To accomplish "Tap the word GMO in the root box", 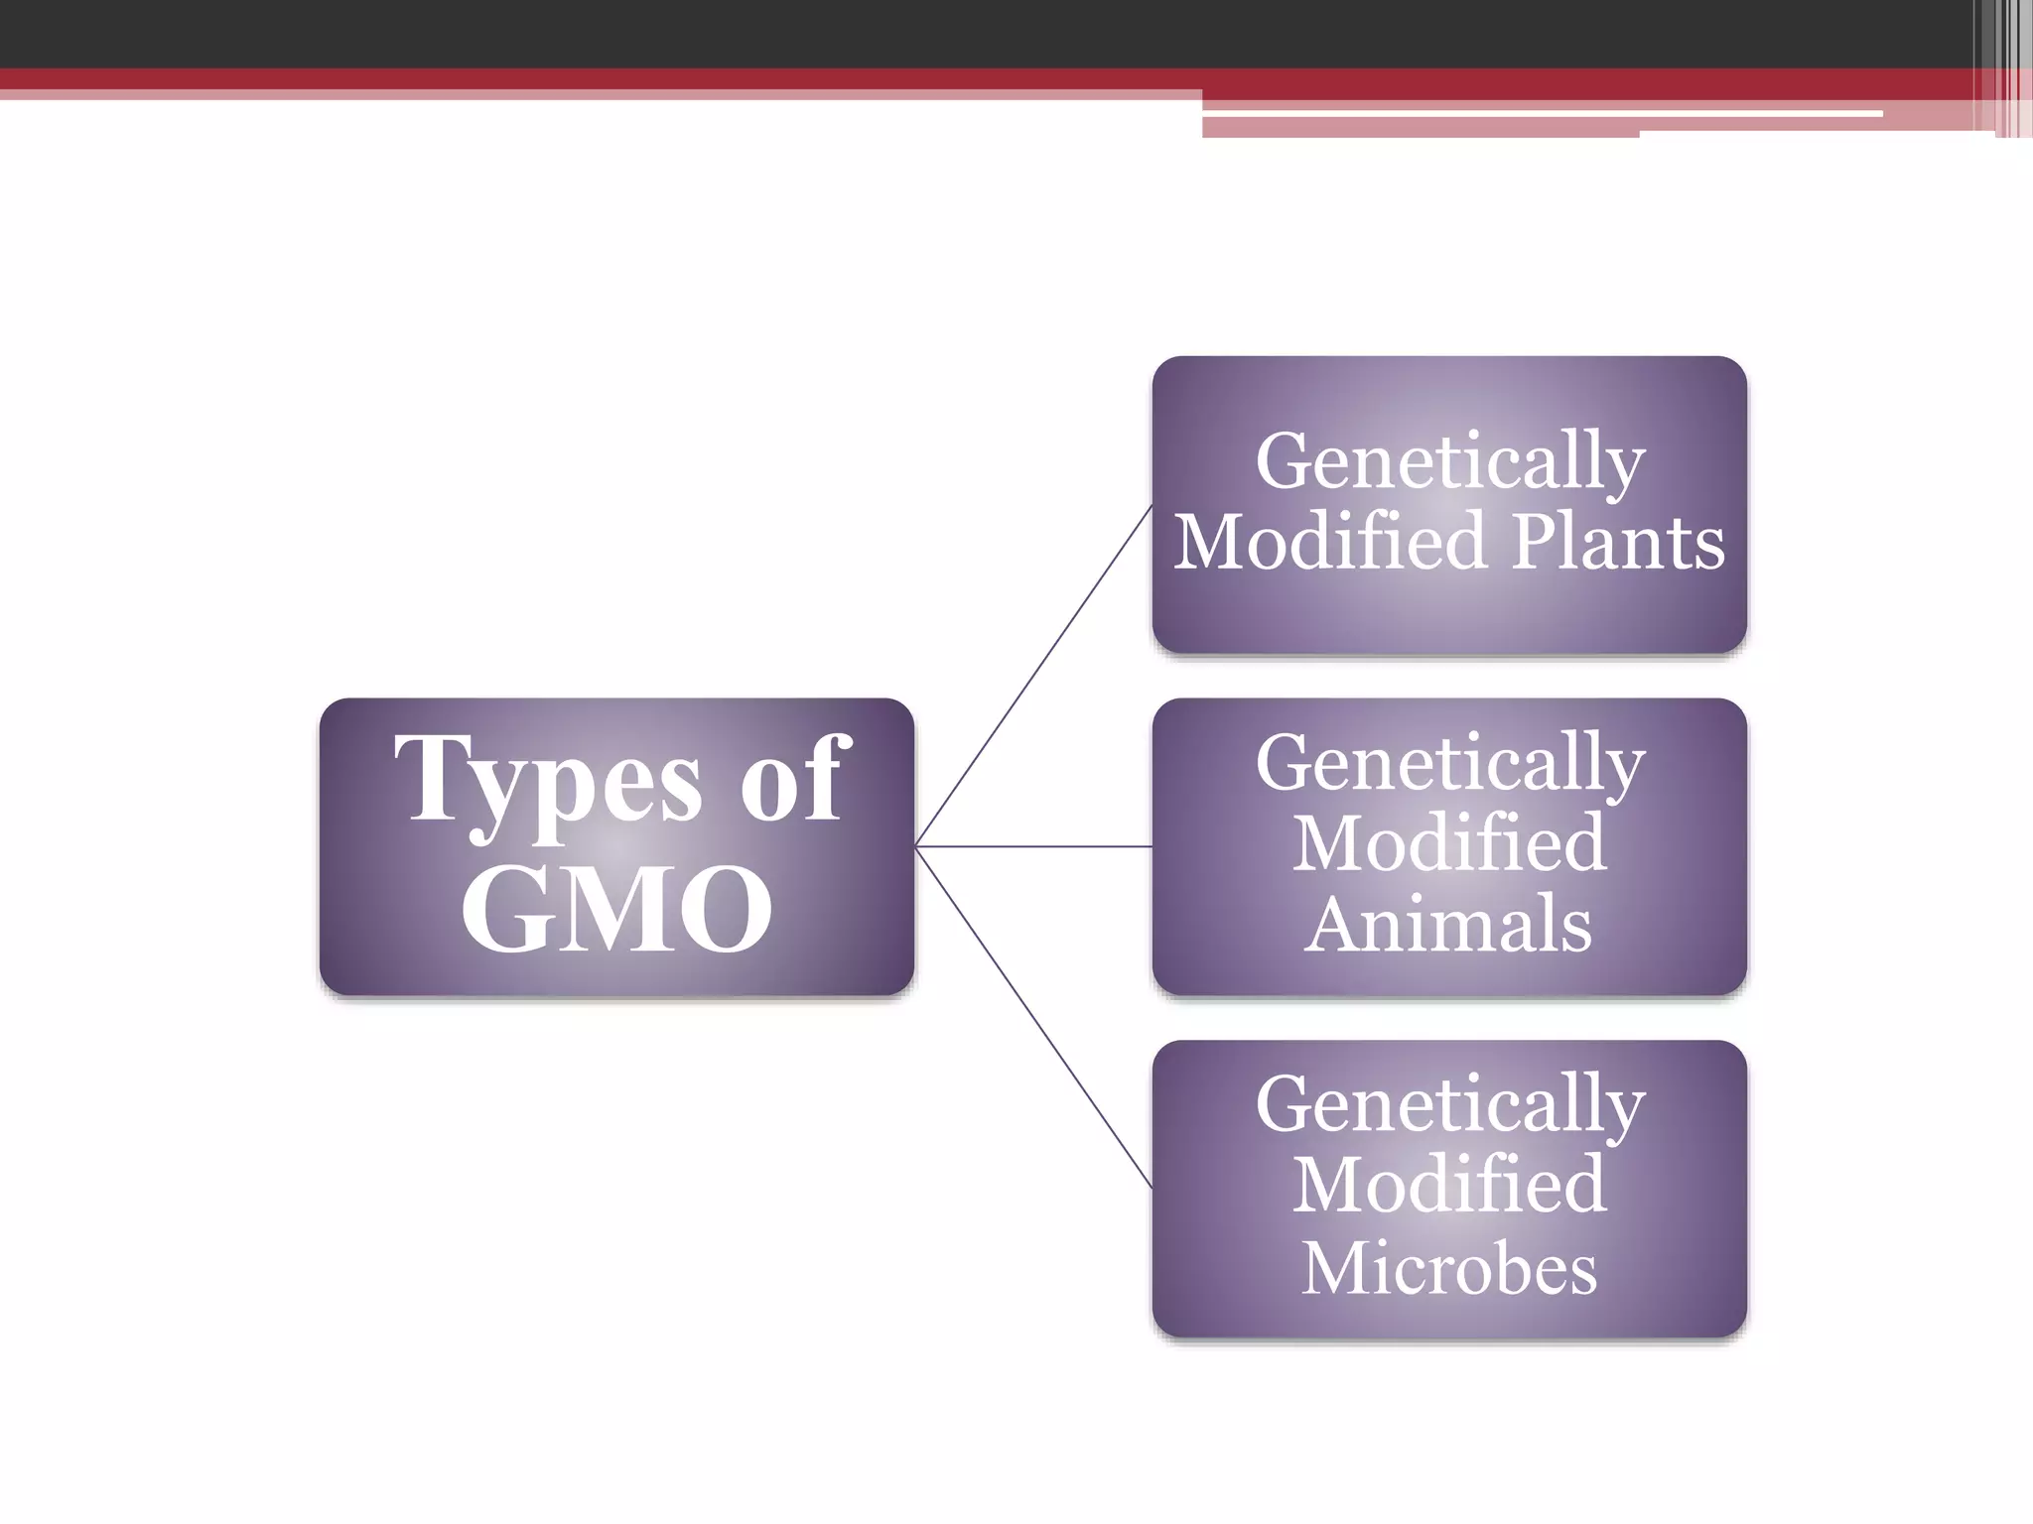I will pyautogui.click(x=616, y=908).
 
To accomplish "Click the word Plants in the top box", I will pyautogui.click(x=1619, y=543).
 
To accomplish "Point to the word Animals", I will pyautogui.click(x=1448, y=924).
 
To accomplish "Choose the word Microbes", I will pyautogui.click(x=1449, y=1267).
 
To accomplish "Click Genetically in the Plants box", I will pyautogui.click(x=1450, y=461).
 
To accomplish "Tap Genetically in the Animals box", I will pyautogui.click(x=1450, y=763).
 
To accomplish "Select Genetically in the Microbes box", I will pyautogui.click(x=1450, y=1104).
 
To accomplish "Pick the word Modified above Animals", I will pyautogui.click(x=1449, y=842).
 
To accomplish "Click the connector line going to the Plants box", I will pyautogui.click(x=1032, y=677).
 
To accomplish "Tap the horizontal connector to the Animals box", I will pyautogui.click(x=1032, y=846).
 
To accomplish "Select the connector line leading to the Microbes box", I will pyautogui.click(x=1032, y=1017).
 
